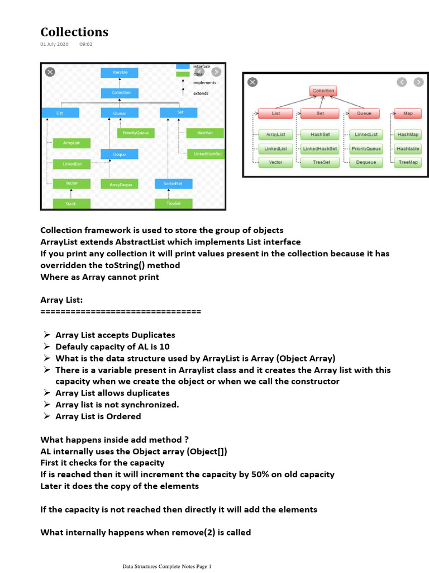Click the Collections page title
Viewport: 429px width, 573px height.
(x=74, y=32)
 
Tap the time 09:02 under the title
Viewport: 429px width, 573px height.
(x=86, y=44)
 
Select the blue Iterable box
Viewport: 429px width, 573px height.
(x=120, y=73)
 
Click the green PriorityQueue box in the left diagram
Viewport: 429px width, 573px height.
(x=136, y=133)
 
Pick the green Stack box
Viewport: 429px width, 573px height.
(x=71, y=204)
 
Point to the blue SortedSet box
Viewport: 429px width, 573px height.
(x=174, y=184)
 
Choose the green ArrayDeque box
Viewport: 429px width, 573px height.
(x=120, y=184)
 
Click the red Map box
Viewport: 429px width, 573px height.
(x=408, y=113)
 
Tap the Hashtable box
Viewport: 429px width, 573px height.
(x=407, y=149)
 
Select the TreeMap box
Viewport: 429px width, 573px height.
(x=407, y=162)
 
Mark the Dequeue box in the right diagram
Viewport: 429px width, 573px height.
(x=366, y=162)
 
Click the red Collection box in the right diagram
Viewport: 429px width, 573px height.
(x=323, y=91)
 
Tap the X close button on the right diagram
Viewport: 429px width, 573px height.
(x=252, y=82)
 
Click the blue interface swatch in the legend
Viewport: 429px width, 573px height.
(x=183, y=67)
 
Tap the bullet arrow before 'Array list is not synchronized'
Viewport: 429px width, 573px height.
(x=47, y=405)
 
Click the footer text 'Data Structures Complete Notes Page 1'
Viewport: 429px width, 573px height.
(x=167, y=567)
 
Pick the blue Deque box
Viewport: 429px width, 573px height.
(x=120, y=154)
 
